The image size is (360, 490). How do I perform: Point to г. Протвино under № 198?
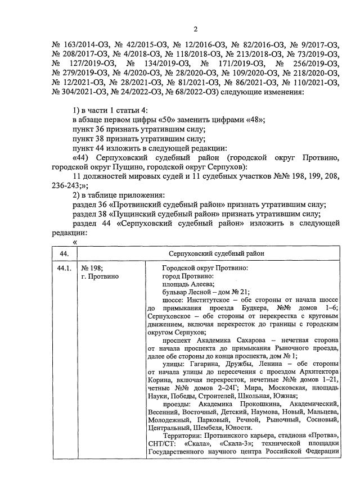pos(100,277)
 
